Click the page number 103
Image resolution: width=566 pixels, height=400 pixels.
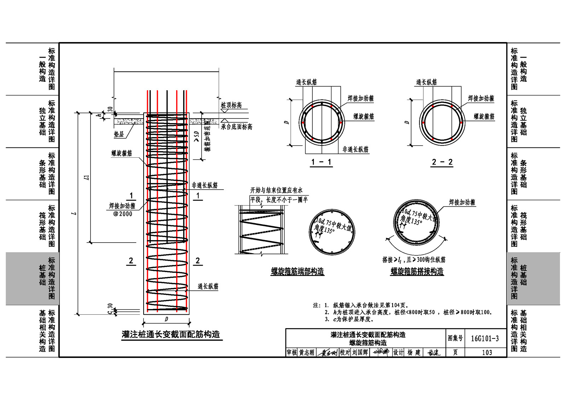coord(487,352)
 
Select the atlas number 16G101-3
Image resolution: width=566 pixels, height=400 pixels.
coord(485,338)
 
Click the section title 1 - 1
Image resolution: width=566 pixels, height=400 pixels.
coord(321,162)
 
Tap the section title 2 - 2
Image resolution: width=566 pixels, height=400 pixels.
coord(442,162)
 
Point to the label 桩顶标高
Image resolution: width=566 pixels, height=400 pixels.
coord(231,105)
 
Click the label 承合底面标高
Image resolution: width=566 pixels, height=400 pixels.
coord(236,127)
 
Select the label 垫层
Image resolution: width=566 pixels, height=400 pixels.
coord(119,134)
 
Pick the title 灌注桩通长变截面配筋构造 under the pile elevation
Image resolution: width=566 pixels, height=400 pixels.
coord(171,334)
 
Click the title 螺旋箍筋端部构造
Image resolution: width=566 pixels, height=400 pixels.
coord(297,271)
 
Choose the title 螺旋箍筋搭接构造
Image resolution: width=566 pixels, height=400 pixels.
coord(417,271)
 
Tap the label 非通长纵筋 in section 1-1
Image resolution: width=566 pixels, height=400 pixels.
coord(355,150)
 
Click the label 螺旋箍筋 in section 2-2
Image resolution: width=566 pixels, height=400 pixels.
coord(484,116)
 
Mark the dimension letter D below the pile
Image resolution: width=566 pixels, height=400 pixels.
coord(166,319)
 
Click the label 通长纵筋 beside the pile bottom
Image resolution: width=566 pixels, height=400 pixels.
coord(208,286)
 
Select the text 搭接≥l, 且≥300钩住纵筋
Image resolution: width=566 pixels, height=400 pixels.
coord(414,260)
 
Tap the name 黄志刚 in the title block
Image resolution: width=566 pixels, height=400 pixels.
coord(306,353)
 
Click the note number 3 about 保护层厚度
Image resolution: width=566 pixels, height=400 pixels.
coord(327,319)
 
